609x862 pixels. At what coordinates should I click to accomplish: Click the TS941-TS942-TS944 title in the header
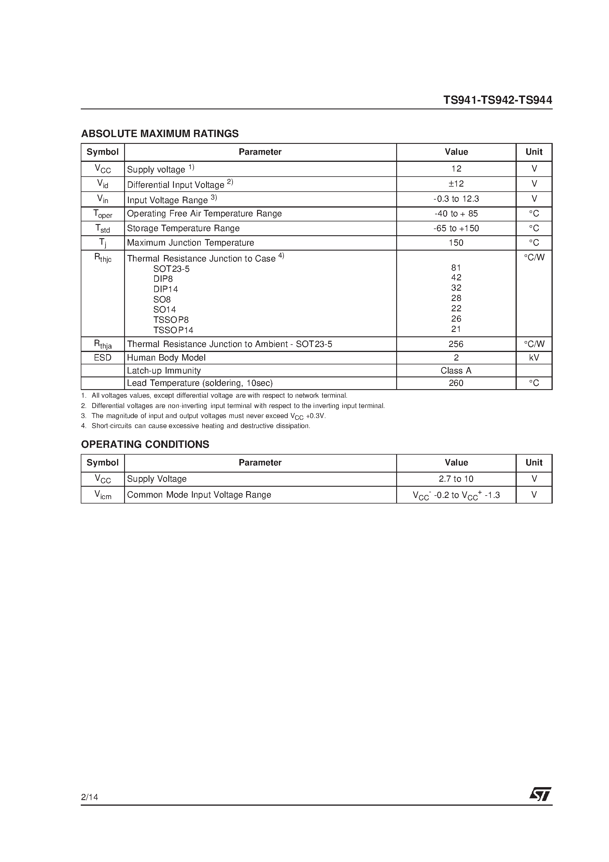pyautogui.click(x=498, y=100)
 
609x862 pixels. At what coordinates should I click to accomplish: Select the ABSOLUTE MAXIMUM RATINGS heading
pyautogui.click(x=159, y=134)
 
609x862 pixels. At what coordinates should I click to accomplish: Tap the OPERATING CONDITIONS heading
pyautogui.click(x=145, y=444)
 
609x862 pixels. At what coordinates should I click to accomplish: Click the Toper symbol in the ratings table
pyautogui.click(x=103, y=214)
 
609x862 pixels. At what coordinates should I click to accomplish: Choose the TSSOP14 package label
pyautogui.click(x=173, y=330)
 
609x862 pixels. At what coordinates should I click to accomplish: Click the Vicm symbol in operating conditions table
pyautogui.click(x=103, y=495)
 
